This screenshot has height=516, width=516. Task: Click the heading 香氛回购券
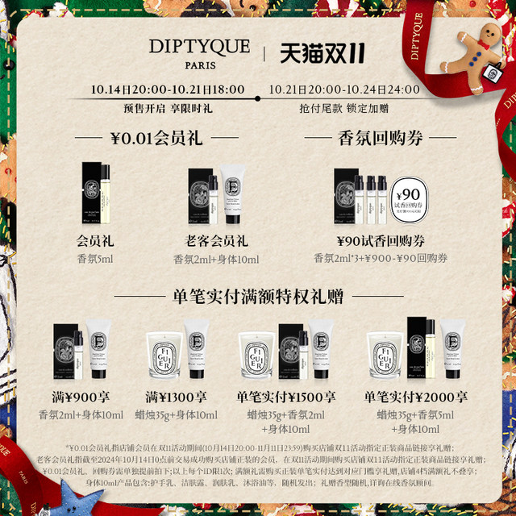click(368, 138)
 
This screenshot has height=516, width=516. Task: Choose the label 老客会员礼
click(216, 240)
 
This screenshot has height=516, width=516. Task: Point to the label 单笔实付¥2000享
click(414, 397)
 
